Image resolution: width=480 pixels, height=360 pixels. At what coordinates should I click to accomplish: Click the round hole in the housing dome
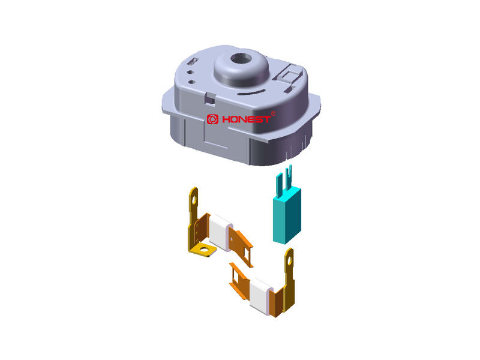241,58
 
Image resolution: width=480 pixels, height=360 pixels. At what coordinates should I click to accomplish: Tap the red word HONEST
246,119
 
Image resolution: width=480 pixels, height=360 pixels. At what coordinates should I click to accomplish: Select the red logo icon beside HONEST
212,119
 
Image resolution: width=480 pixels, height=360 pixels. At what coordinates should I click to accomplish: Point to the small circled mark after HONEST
274,113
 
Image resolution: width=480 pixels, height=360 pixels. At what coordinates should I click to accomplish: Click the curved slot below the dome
251,92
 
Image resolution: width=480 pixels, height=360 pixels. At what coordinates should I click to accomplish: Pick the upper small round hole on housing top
190,72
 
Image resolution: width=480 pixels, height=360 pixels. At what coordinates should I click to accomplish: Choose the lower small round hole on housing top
191,82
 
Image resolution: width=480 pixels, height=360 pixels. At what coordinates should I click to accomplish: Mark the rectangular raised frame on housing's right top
290,74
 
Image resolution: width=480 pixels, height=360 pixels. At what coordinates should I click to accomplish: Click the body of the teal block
287,216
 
